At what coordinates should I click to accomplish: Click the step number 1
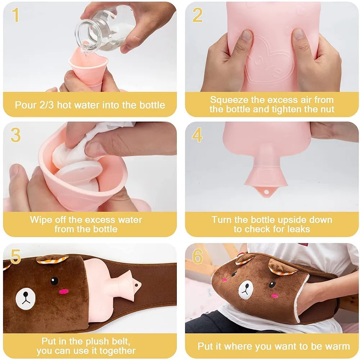tap(15, 15)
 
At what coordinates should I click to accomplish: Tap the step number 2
tap(197, 15)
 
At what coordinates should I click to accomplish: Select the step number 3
tap(15, 135)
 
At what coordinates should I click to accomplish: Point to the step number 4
tap(197, 135)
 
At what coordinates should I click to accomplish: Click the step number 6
tap(198, 256)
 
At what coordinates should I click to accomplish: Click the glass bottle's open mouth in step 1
tap(84, 34)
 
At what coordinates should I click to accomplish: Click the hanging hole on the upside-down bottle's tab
tap(266, 192)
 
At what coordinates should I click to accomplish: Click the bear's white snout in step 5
tap(26, 299)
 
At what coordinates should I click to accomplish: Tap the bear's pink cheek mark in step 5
tap(64, 292)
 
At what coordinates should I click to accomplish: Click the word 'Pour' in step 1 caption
tap(26, 105)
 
